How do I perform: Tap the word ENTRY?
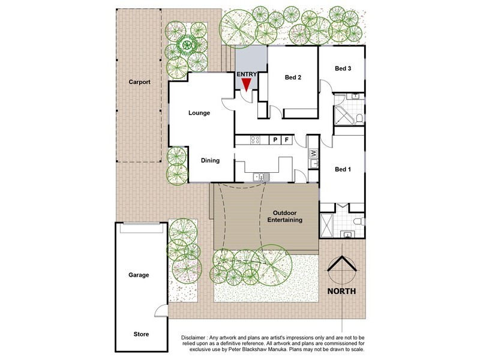point(247,74)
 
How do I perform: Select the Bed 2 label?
point(292,77)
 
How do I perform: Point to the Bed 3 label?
point(343,69)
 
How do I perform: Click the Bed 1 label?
point(343,170)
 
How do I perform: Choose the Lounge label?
point(199,113)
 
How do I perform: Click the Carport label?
point(139,82)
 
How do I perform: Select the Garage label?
point(139,275)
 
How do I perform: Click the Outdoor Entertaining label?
point(287,217)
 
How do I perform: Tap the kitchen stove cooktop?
point(254,140)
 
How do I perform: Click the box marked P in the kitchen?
point(275,140)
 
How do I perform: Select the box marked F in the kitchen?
point(287,140)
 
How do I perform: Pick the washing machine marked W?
point(313,154)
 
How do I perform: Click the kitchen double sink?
point(260,176)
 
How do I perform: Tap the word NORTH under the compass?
point(341,292)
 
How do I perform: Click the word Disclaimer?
point(200,338)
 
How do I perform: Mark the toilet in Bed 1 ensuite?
point(358,223)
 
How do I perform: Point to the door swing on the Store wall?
point(160,311)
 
